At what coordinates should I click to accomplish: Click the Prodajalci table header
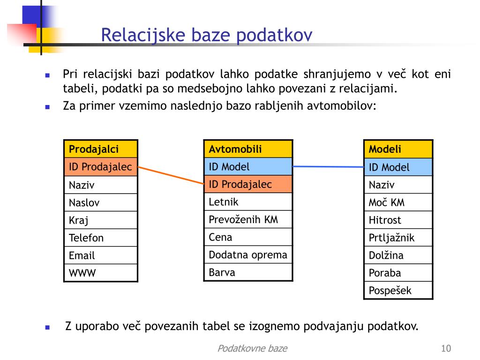click(x=101, y=149)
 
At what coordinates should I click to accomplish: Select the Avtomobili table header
click(x=248, y=149)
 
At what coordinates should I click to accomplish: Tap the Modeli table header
click(x=398, y=149)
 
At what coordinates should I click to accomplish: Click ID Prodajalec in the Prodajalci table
click(x=101, y=167)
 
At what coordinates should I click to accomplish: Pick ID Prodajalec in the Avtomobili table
click(x=248, y=184)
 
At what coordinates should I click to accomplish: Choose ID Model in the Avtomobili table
click(x=248, y=166)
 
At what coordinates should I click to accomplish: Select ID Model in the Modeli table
click(x=398, y=167)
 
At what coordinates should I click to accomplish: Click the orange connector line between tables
click(x=171, y=175)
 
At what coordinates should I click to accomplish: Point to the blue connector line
click(x=328, y=167)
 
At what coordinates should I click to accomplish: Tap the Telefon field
click(x=101, y=238)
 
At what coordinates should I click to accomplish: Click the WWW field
click(x=101, y=273)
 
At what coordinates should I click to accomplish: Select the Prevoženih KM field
click(x=248, y=219)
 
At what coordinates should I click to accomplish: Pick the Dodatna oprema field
click(x=248, y=255)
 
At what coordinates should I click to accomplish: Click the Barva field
click(x=248, y=272)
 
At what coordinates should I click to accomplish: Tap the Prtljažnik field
click(x=398, y=238)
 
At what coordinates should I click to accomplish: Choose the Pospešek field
click(x=398, y=290)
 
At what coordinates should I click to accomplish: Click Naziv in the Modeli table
click(x=398, y=185)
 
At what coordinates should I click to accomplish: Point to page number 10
click(x=446, y=348)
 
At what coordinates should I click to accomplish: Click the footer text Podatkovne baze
click(x=252, y=348)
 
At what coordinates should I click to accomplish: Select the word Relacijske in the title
click(x=143, y=35)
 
